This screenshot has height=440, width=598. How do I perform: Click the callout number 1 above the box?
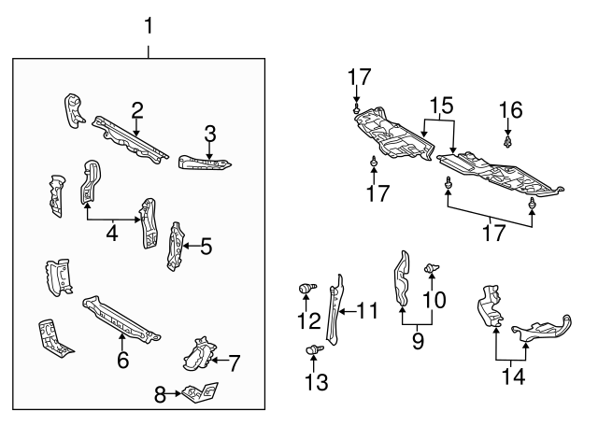pyautogui.click(x=147, y=26)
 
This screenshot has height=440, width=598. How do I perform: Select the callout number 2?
pyautogui.click(x=137, y=110)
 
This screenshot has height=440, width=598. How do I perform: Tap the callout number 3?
pyautogui.click(x=210, y=133)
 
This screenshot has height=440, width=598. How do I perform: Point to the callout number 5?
pyautogui.click(x=206, y=247)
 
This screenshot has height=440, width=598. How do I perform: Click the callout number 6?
pyautogui.click(x=122, y=360)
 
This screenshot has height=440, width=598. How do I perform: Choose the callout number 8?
pyautogui.click(x=160, y=396)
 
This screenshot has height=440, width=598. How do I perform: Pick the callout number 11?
pyautogui.click(x=369, y=309)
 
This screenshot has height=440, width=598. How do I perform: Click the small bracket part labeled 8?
pyautogui.click(x=201, y=393)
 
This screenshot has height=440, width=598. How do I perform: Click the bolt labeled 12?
pyautogui.click(x=305, y=291)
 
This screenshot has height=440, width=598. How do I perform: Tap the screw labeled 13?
pyautogui.click(x=311, y=350)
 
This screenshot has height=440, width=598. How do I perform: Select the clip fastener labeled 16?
pyautogui.click(x=508, y=142)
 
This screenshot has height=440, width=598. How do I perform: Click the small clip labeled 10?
pyautogui.click(x=432, y=270)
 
